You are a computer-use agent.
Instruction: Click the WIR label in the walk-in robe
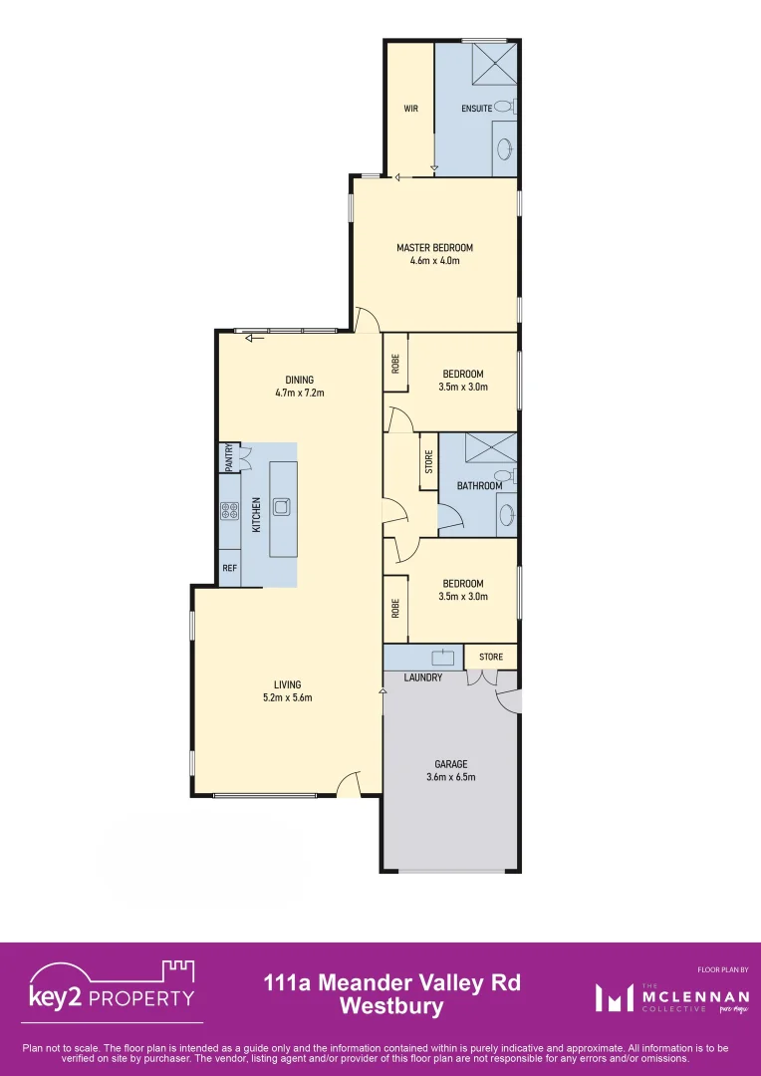410,108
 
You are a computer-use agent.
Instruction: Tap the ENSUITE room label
477,108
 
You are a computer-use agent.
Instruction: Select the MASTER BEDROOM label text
434,248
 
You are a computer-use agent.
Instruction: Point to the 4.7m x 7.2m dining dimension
300,393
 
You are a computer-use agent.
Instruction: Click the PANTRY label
228,457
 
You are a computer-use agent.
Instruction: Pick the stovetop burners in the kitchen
229,511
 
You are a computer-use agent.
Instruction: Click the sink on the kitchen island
281,505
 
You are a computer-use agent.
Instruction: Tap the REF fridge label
229,569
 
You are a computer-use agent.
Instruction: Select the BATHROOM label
479,486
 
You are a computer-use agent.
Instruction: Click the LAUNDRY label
423,678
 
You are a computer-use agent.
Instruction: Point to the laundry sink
442,658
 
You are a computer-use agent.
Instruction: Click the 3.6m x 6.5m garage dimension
450,777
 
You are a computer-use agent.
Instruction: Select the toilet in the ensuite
504,107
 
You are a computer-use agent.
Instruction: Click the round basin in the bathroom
506,515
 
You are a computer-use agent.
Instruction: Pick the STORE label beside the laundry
491,658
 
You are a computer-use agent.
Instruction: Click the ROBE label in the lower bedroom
395,608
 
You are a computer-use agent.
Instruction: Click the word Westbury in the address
391,1007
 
